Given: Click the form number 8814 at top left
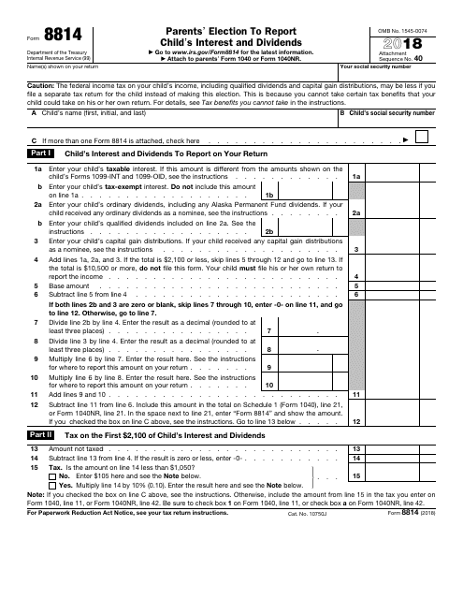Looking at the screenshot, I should coord(42,31).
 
